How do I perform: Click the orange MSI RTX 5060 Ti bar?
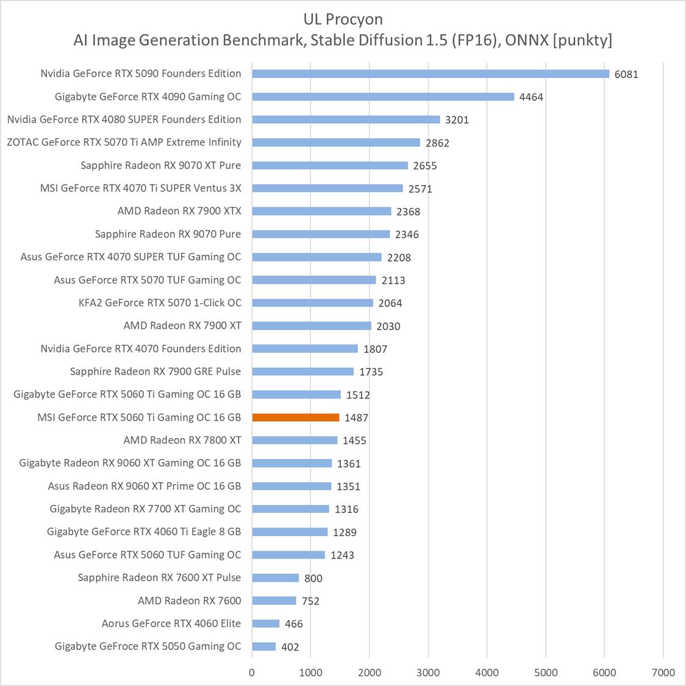[x=296, y=418]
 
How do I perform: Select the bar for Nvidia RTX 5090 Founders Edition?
[x=431, y=74]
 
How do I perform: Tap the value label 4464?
[x=531, y=97]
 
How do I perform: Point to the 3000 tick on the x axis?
[x=428, y=673]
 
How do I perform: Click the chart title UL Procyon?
[x=343, y=19]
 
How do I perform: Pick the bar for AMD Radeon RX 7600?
[x=274, y=601]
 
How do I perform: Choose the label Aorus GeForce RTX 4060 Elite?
[x=171, y=623]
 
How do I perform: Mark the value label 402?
[x=290, y=647]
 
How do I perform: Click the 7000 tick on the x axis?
[x=663, y=673]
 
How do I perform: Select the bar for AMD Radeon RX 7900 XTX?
[x=321, y=211]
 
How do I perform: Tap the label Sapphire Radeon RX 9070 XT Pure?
[x=161, y=165]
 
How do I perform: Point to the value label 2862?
[x=437, y=143]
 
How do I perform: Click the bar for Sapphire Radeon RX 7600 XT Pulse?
[x=276, y=577]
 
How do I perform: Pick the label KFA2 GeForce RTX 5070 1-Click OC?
[x=160, y=303]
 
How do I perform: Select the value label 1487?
[x=356, y=418]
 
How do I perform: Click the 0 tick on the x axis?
[x=252, y=673]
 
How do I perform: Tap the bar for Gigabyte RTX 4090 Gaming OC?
[x=383, y=96]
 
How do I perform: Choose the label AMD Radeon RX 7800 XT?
[x=182, y=440]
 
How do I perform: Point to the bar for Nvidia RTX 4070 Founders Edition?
[x=305, y=349]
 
